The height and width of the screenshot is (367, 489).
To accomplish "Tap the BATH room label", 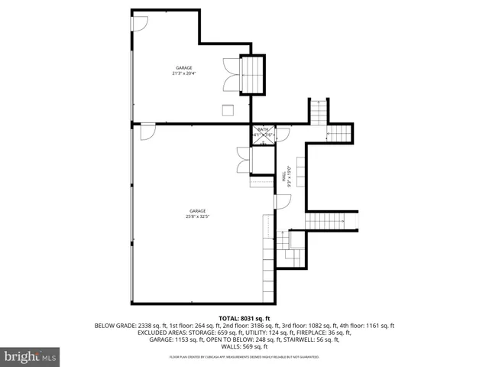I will (x=263, y=132).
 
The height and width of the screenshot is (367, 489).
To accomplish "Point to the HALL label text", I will (x=289, y=177).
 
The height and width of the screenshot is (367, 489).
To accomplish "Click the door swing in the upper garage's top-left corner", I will (x=140, y=25).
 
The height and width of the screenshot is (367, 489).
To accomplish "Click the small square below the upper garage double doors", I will (x=227, y=109).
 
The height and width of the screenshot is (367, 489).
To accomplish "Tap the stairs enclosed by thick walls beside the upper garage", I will (x=253, y=76).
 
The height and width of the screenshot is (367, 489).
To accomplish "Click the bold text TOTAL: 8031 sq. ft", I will (x=244, y=317).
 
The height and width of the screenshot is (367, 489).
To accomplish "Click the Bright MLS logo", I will (x=30, y=357).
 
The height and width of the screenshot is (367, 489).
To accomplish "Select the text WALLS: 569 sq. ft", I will (x=244, y=348).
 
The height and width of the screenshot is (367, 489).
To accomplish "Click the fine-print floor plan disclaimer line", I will (x=244, y=357).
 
